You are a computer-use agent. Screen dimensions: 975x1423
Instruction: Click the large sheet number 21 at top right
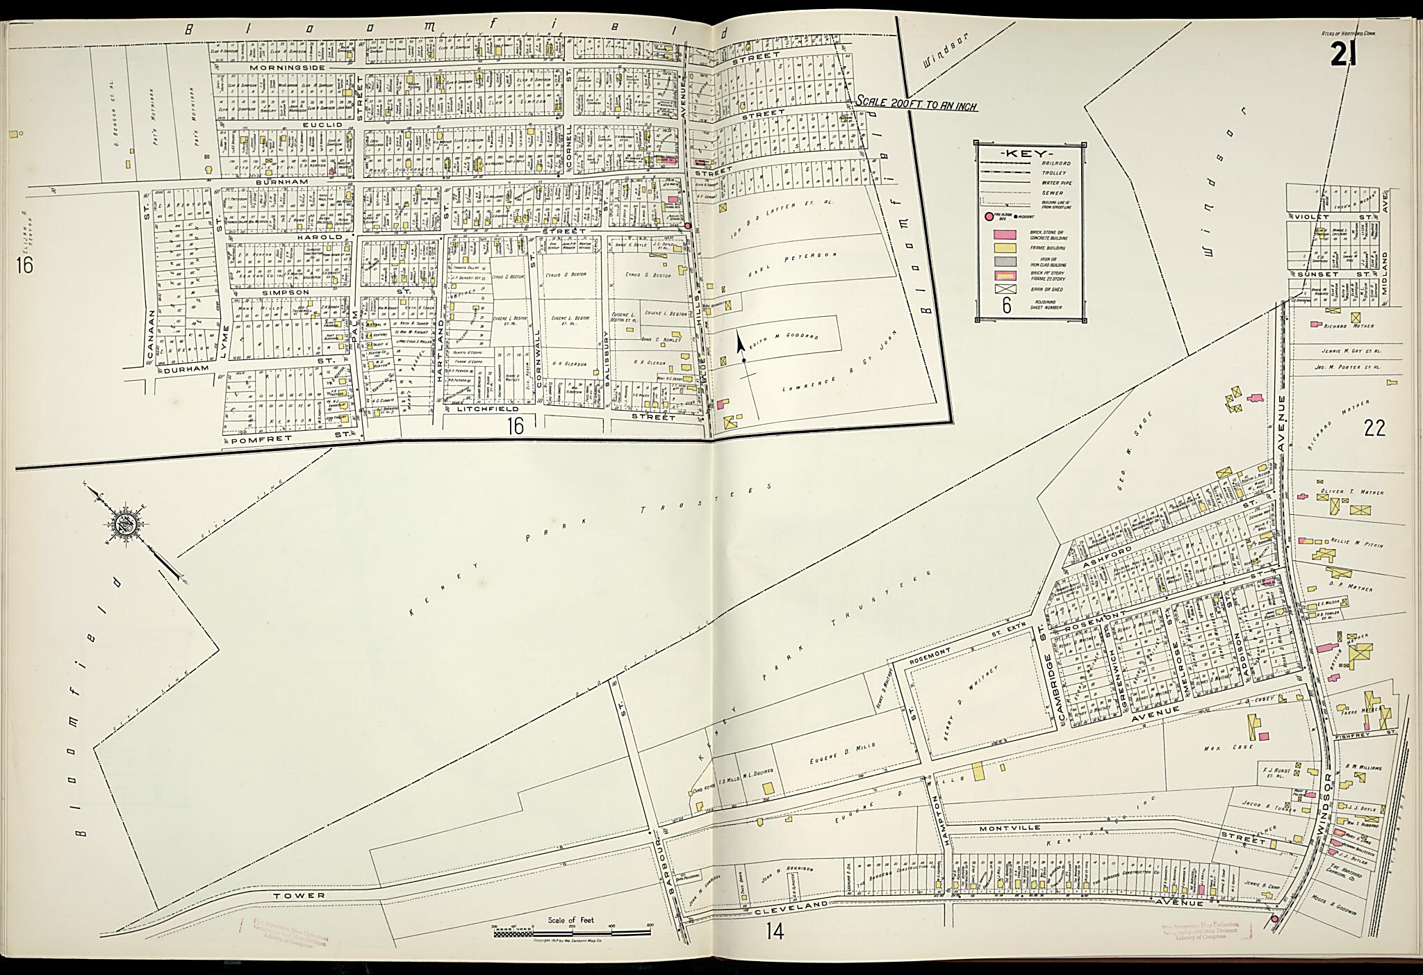(x=1342, y=54)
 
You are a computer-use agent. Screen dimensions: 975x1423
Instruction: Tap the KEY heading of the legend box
(x=1030, y=154)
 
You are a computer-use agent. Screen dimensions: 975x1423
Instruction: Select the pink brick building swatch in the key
(x=1003, y=235)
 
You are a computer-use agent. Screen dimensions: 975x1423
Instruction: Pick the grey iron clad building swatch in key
(x=1003, y=263)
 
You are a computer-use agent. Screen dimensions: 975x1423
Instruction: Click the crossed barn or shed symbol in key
(x=1003, y=289)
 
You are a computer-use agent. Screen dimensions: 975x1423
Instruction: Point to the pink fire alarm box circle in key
(x=987, y=216)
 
